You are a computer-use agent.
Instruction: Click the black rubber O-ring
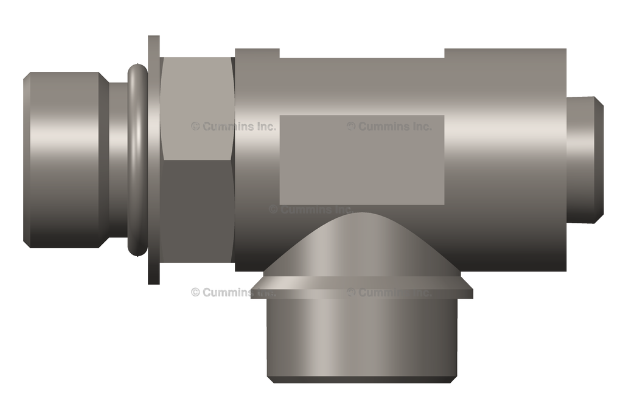pos(137,159)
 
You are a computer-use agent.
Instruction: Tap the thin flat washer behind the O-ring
pos(154,159)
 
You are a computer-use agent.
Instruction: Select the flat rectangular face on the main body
pos(361,159)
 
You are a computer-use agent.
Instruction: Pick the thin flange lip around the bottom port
pos(361,292)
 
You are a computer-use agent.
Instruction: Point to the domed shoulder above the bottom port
pos(361,246)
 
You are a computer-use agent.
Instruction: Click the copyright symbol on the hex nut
pos(195,127)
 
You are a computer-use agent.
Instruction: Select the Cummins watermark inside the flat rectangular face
pos(389,127)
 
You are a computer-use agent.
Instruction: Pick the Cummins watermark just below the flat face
pos(310,209)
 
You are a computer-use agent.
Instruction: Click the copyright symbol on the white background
pos(195,292)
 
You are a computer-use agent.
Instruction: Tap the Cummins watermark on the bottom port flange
pos(389,292)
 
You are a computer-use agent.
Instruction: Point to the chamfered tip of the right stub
pos(600,159)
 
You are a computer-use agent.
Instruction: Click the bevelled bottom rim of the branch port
pos(361,379)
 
